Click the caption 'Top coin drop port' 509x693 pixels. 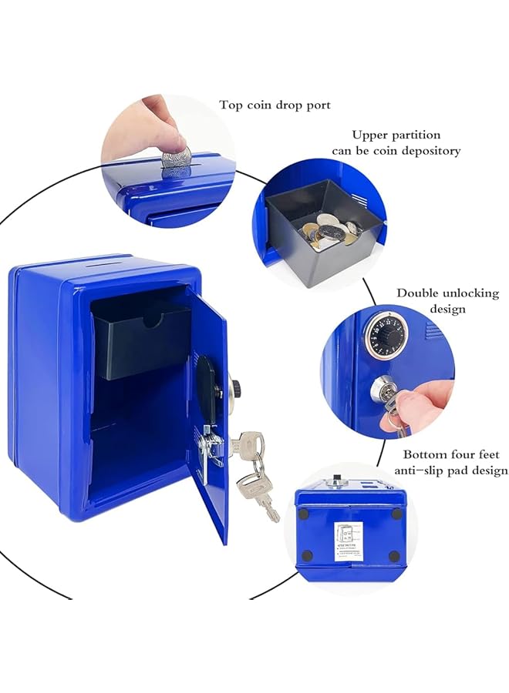point(275,105)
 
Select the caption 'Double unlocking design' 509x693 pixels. point(447,300)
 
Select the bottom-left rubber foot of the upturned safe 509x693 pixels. point(306,555)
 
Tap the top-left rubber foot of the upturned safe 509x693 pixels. point(303,513)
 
